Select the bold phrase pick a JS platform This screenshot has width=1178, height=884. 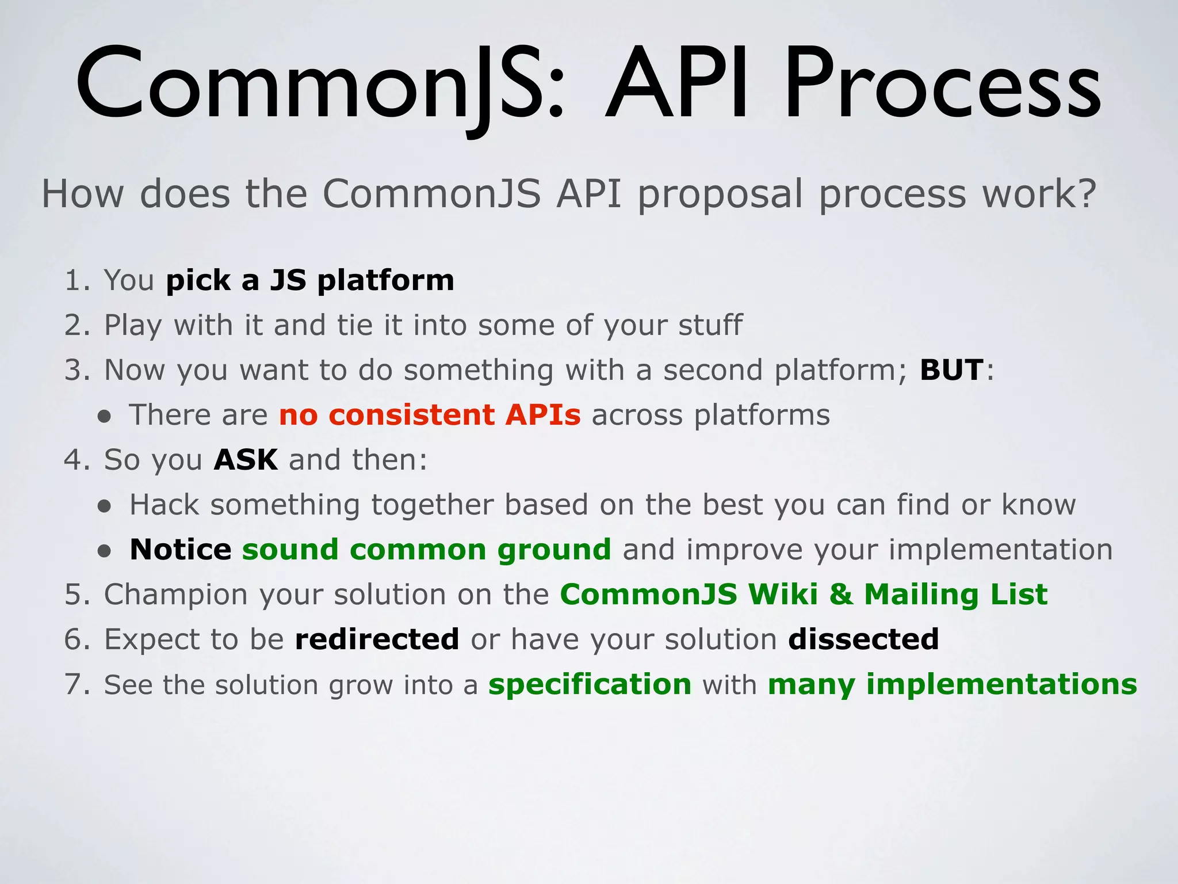[x=310, y=280]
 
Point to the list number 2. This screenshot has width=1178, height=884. [x=75, y=325]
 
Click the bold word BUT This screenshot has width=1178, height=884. [x=951, y=369]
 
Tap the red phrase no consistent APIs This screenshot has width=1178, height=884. [x=430, y=415]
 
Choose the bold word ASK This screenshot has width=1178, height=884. [x=246, y=460]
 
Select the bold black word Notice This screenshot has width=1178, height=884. [x=180, y=550]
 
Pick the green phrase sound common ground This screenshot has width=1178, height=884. [x=426, y=550]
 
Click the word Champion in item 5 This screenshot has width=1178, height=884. [x=175, y=595]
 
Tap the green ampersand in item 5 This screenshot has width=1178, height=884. [x=840, y=595]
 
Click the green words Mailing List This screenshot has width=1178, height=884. [x=955, y=595]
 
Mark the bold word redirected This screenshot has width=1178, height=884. [x=377, y=639]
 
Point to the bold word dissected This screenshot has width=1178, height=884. [x=863, y=639]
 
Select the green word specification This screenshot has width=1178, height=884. [x=590, y=685]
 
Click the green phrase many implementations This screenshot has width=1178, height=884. [x=952, y=685]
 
